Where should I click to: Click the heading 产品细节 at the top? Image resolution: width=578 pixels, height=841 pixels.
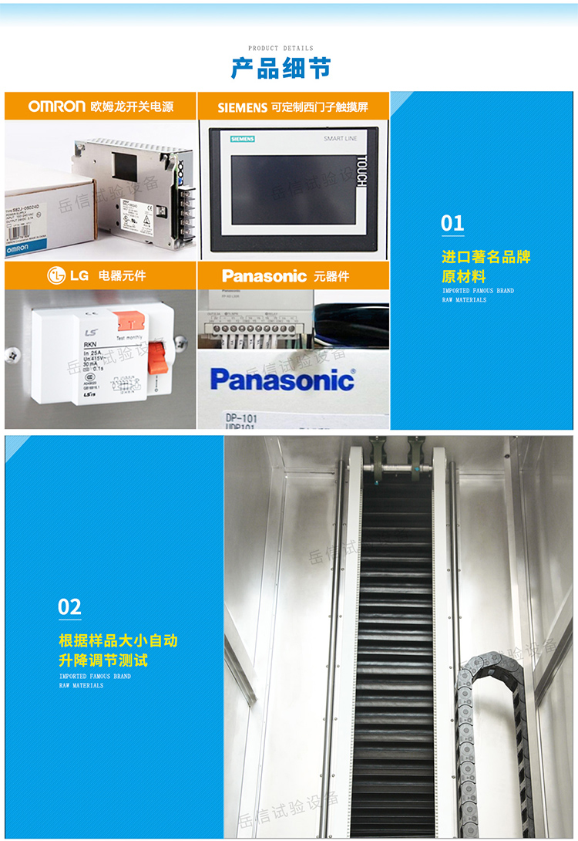[x=281, y=68]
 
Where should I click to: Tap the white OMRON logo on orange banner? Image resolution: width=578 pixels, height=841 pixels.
[x=56, y=106]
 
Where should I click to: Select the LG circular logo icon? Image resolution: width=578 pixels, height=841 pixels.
[x=56, y=275]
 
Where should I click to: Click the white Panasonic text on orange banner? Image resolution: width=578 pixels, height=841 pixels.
[x=264, y=276]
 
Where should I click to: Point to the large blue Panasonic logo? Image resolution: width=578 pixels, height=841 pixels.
[x=282, y=380]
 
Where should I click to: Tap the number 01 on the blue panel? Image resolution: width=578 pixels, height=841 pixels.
[x=452, y=224]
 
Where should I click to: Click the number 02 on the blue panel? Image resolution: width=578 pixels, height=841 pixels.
[x=69, y=607]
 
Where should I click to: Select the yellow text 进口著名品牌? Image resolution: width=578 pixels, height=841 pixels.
[x=486, y=257]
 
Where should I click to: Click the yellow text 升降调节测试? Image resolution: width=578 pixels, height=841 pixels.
[x=103, y=660]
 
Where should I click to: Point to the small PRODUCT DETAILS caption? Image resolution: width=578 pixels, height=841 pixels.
[x=281, y=48]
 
